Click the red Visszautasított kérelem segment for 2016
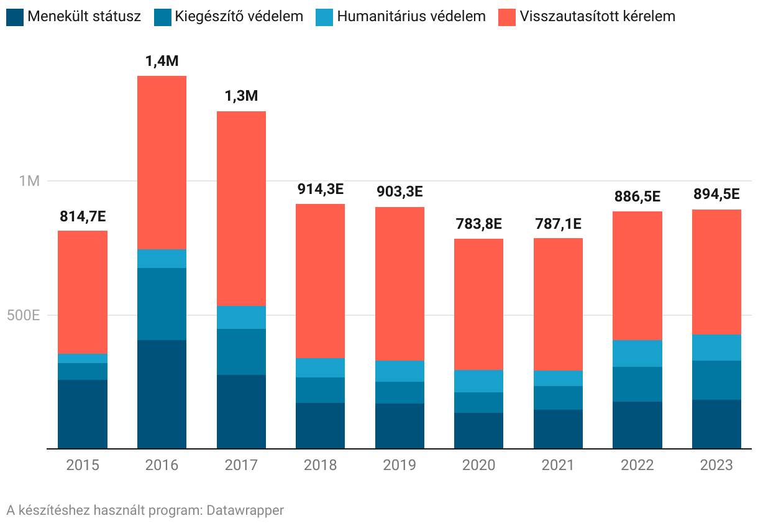pos(162,162)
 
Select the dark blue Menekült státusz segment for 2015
pos(83,413)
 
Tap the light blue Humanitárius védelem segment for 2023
pos(716,347)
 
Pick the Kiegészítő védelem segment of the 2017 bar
pos(241,351)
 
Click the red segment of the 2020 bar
pos(478,304)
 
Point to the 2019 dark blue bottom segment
pos(400,425)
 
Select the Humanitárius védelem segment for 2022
pos(637,353)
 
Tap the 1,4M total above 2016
pos(162,61)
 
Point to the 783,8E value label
pos(478,224)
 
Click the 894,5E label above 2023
pos(716,195)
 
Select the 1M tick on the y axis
pos(29,181)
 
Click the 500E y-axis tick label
pos(23,315)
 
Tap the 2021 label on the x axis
pos(558,465)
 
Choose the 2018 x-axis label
pos(320,465)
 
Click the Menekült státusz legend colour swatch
pos(15,17)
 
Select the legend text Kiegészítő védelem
pos(239,17)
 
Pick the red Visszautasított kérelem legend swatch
pos(507,17)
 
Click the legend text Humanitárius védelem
pos(411,17)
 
